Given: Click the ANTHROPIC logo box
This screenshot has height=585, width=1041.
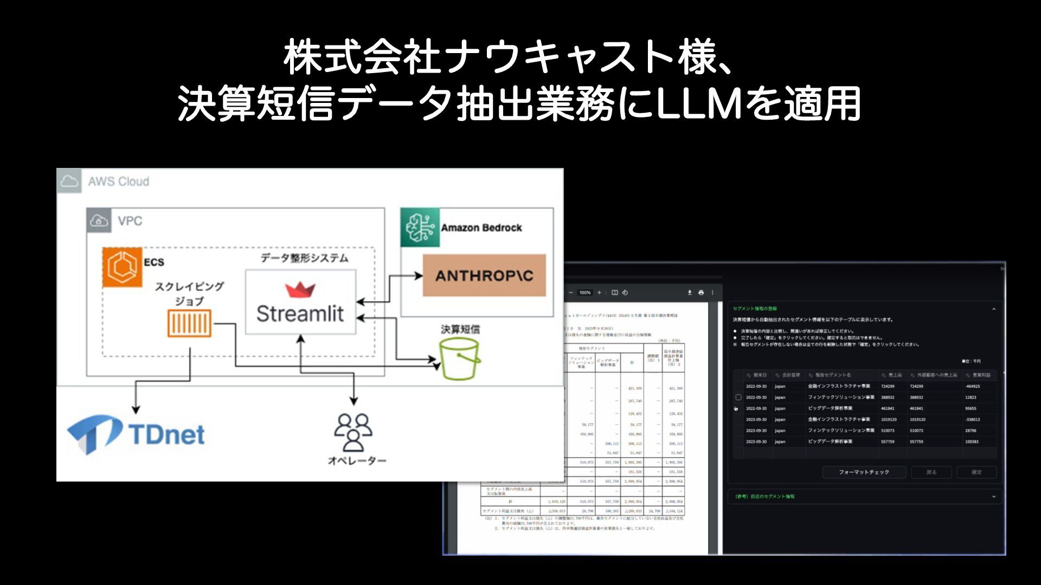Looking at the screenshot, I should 484,276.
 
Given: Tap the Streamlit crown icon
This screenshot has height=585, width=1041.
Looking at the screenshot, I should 300,290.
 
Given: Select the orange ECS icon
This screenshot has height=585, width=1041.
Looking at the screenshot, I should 122,266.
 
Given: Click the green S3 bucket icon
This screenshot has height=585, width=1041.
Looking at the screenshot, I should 460,359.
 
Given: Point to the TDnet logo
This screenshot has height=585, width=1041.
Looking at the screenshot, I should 136,434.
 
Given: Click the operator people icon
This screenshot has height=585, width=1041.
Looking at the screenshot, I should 353,432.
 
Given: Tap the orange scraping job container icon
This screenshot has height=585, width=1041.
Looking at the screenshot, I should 189,323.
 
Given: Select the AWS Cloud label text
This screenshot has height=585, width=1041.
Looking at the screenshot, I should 119,182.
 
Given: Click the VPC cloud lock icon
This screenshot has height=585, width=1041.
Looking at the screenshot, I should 99,221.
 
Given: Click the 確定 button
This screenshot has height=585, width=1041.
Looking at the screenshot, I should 976,472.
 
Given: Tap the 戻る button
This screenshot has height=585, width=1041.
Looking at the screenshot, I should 931,472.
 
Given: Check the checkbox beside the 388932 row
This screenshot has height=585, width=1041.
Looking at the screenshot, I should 738,398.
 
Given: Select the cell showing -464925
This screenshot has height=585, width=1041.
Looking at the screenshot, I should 973,387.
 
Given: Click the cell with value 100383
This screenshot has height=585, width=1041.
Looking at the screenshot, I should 972,442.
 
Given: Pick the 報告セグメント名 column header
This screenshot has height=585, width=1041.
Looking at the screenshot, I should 833,375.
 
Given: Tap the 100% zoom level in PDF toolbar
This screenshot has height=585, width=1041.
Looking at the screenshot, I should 584,292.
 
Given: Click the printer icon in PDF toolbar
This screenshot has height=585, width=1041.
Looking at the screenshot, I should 701,292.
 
